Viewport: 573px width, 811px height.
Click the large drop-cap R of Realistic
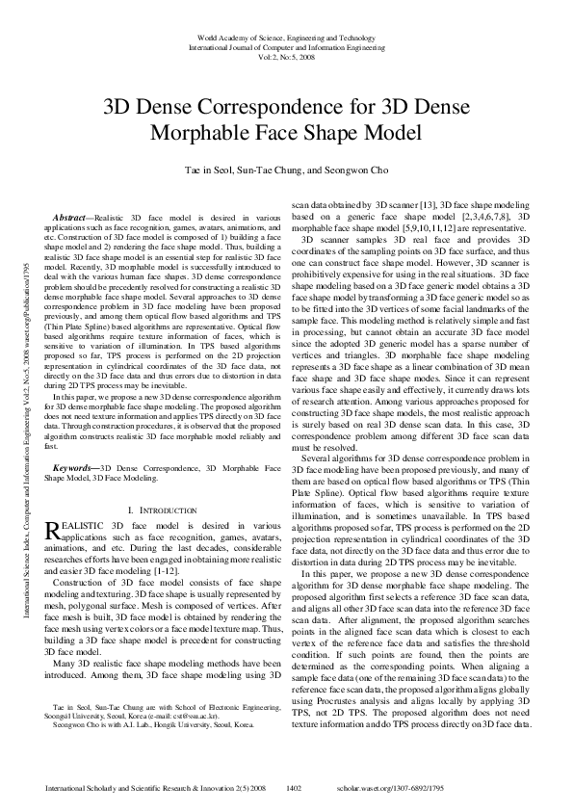[x=53, y=529]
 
